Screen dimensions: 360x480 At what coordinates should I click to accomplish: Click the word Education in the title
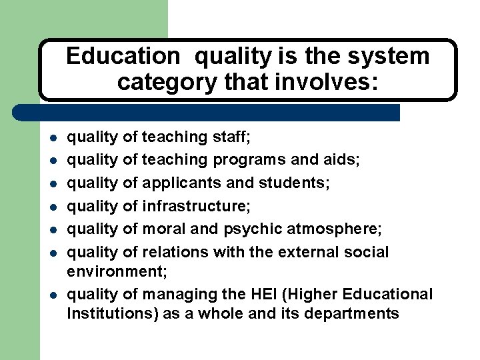tap(123, 57)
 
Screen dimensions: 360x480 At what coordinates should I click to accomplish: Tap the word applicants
tap(183, 182)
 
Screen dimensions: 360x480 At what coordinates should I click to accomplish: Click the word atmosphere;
tap(335, 229)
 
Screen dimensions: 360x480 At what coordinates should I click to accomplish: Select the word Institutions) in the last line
tap(113, 313)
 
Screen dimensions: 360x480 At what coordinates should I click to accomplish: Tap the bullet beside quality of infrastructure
tap(51, 207)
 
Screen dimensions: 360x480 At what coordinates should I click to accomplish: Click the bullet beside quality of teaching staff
tap(51, 138)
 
